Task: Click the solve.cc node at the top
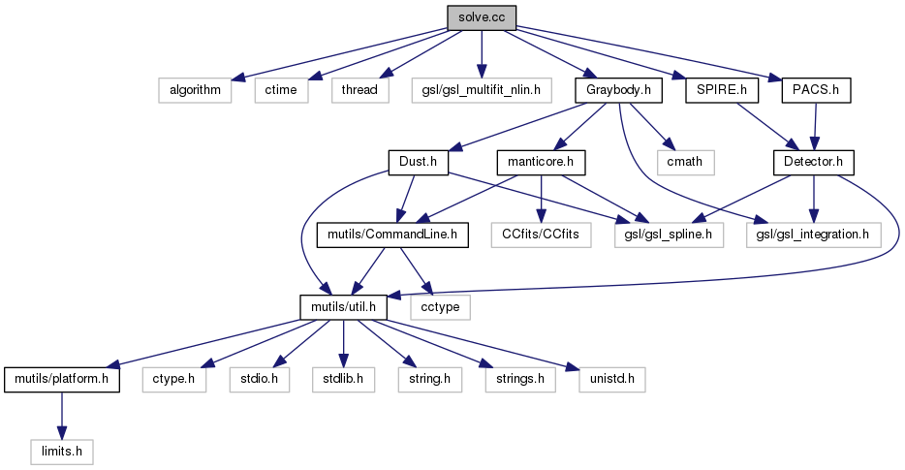(x=481, y=17)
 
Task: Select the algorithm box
(x=194, y=90)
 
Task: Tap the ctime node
(x=282, y=90)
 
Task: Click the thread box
(x=360, y=90)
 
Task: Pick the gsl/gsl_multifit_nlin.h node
(x=481, y=90)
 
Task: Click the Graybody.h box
(x=618, y=90)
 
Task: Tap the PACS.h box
(x=815, y=90)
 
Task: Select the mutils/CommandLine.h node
(x=393, y=234)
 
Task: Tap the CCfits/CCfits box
(x=540, y=234)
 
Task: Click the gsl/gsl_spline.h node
(x=669, y=234)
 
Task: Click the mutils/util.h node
(x=344, y=305)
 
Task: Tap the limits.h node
(x=61, y=450)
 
